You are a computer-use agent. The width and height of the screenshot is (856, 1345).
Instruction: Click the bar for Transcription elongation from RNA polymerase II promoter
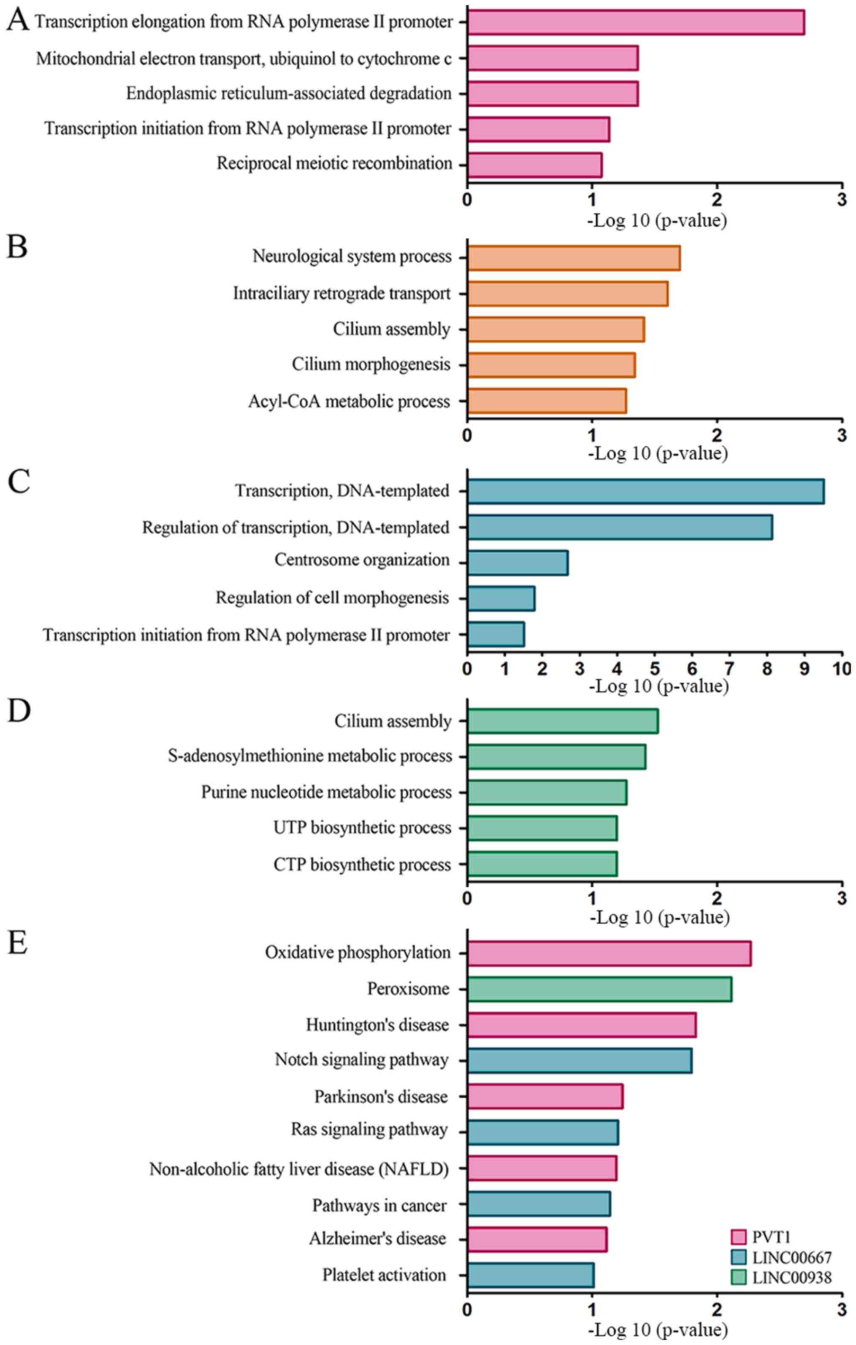(x=636, y=22)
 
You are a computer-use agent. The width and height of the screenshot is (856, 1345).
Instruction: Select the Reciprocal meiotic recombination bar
(x=535, y=165)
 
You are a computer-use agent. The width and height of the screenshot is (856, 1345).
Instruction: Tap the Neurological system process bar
(x=574, y=257)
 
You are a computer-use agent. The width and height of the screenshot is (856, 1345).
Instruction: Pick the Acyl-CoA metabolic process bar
(x=547, y=401)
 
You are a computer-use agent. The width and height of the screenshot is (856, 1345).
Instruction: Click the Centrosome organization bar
(x=518, y=563)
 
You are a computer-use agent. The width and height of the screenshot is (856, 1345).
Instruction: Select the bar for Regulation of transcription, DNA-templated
(x=620, y=527)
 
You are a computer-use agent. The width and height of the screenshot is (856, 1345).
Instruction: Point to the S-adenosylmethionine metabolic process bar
(x=556, y=756)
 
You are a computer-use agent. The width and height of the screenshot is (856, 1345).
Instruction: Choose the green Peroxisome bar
(x=599, y=989)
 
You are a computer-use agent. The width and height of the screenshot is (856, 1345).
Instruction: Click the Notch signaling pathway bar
(x=580, y=1060)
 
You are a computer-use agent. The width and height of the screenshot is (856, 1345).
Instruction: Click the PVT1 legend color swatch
(x=738, y=1237)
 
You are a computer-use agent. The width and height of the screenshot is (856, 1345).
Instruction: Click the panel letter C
(x=19, y=482)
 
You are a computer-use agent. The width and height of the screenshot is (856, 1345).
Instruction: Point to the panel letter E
(x=17, y=943)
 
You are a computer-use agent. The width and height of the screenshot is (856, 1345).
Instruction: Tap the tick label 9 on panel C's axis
(x=805, y=668)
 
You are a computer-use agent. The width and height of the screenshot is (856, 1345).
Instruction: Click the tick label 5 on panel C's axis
(x=655, y=668)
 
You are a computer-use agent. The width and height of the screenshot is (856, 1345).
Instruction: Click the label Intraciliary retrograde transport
(x=341, y=293)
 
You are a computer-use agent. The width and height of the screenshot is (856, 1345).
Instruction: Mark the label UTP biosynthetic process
(x=362, y=828)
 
